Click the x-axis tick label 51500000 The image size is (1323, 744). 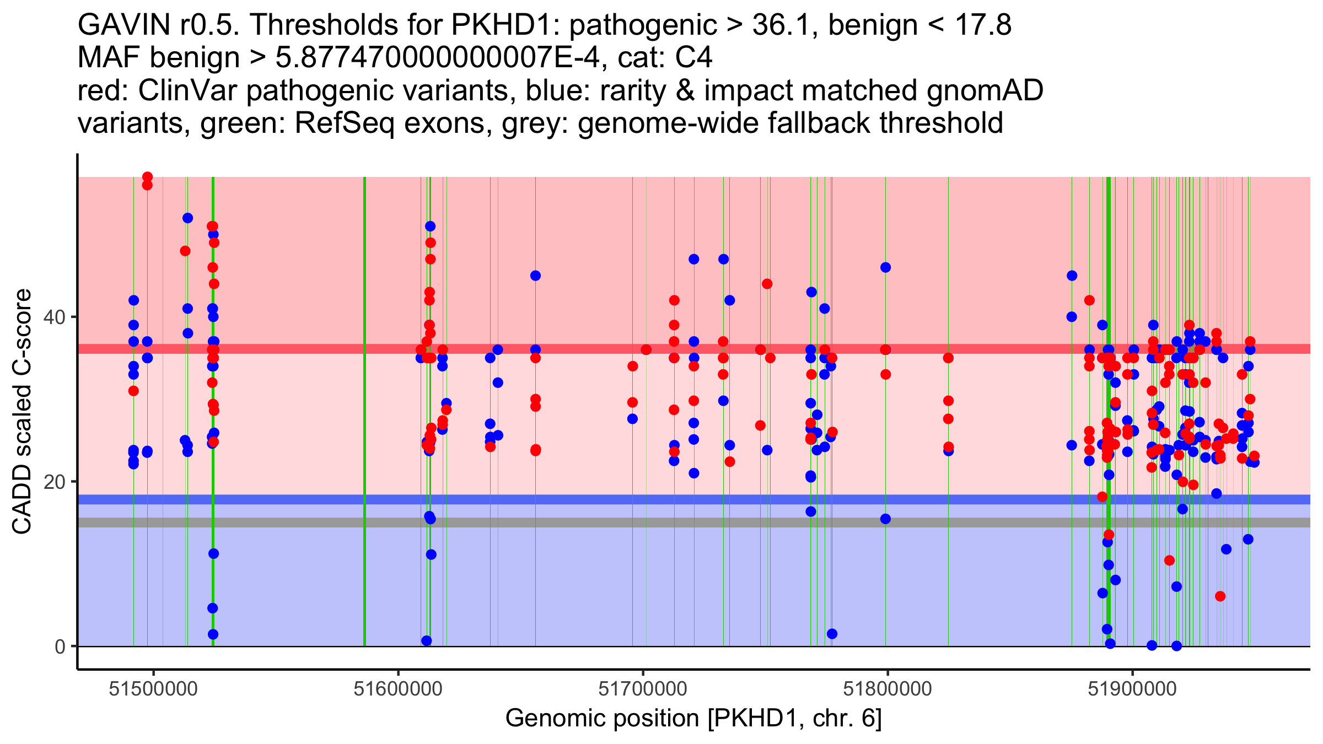[x=153, y=689]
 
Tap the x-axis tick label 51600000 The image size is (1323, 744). [x=398, y=689]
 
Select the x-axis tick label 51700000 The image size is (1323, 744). [x=643, y=689]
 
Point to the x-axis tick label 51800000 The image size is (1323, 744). [x=888, y=689]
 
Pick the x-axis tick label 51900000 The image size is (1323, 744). [x=1132, y=689]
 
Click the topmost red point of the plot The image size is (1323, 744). [x=147, y=177]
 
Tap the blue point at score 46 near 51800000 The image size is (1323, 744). [x=885, y=268]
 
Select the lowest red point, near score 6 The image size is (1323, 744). [x=1220, y=596]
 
